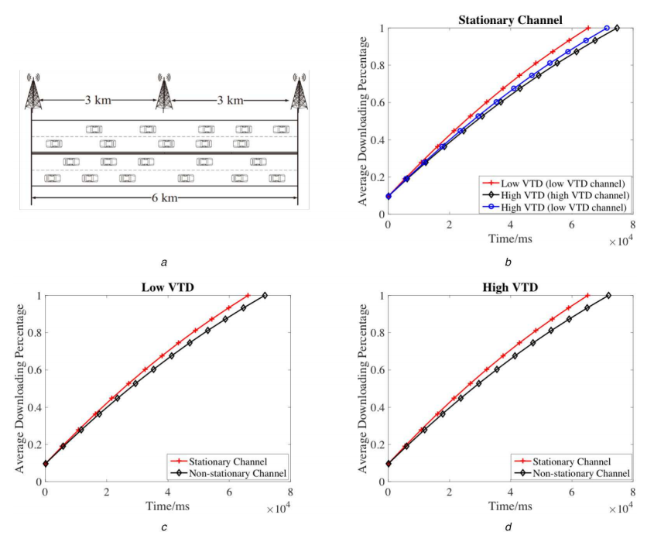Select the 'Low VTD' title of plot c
point(168,286)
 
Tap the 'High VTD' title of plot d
point(509,286)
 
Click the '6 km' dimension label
point(164,197)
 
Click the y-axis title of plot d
point(363,388)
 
